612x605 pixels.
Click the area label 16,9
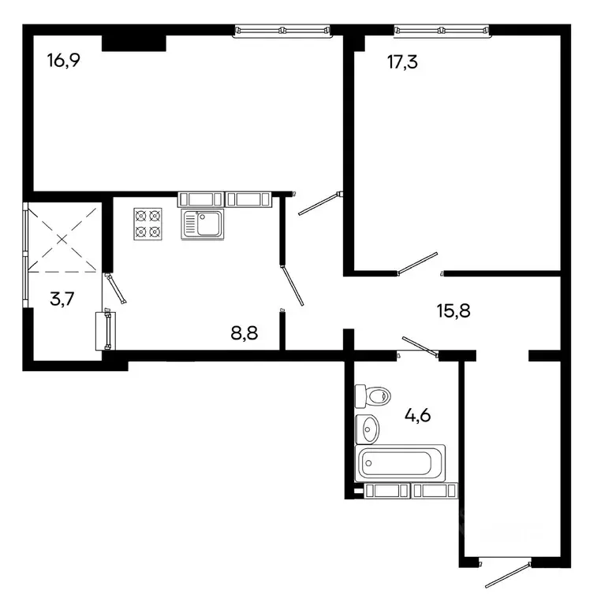point(63,61)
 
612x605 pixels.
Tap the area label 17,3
point(402,61)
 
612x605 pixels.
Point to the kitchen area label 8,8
point(244,333)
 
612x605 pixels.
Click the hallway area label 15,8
point(455,310)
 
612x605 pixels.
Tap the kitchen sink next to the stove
point(203,225)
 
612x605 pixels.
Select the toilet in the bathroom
point(371,395)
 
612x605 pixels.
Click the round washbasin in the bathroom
point(368,429)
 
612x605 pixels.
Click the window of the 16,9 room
point(282,31)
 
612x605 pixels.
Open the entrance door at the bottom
point(506,574)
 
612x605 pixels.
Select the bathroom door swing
point(419,347)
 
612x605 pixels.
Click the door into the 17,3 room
point(417,263)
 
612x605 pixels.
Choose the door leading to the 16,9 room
point(319,202)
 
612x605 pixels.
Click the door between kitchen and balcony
point(115,288)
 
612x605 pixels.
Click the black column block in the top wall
point(133,42)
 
